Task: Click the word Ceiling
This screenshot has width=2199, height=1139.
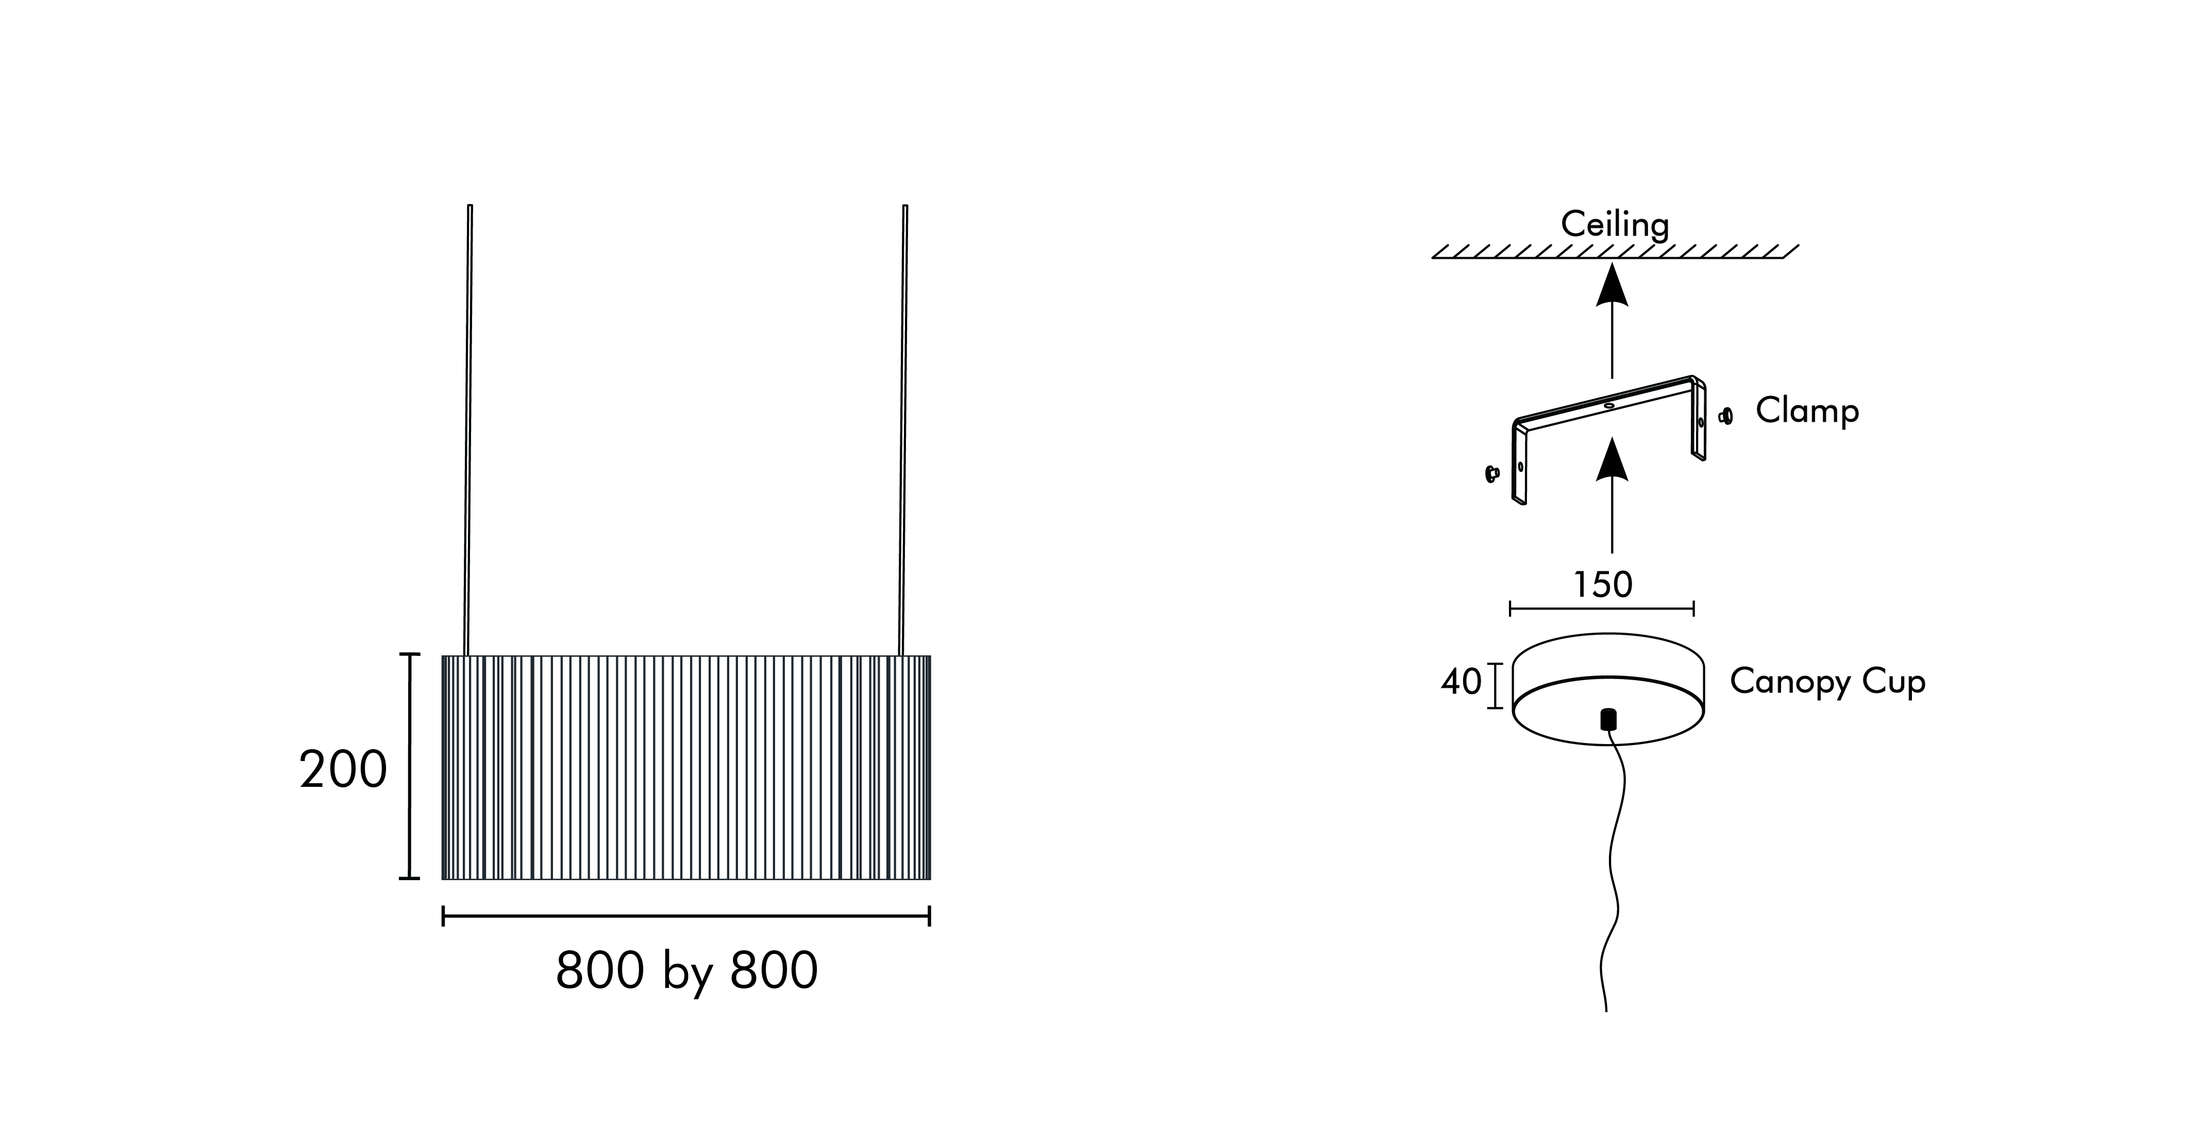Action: [1614, 225]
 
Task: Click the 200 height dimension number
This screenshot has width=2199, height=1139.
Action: [343, 770]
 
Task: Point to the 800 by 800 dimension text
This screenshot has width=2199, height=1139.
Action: [686, 971]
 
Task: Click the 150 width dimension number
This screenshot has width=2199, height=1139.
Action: [1602, 585]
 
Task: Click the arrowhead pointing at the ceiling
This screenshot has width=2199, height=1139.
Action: [1612, 286]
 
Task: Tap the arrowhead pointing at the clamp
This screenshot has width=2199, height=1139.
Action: [1612, 459]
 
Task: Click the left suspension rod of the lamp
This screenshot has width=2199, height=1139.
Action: [468, 427]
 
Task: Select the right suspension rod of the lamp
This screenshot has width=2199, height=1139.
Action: [903, 427]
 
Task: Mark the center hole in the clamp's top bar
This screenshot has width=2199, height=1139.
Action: [1609, 406]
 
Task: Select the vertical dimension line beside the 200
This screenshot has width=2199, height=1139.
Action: [411, 766]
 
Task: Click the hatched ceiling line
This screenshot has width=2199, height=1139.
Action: [1614, 253]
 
